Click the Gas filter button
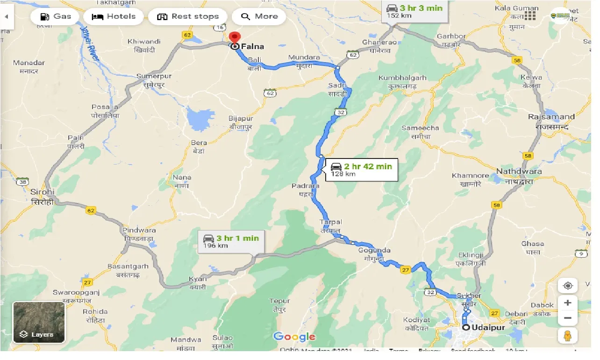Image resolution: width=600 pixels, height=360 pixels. (x=56, y=16)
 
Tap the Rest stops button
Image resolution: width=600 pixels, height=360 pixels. (x=188, y=16)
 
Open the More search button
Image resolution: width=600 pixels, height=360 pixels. (x=260, y=16)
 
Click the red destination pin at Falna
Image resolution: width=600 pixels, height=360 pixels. (x=235, y=37)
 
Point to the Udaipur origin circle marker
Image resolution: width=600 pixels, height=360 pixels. (x=466, y=327)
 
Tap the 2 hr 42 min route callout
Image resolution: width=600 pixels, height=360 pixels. (x=362, y=170)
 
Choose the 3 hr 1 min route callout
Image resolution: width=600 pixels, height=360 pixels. (x=231, y=241)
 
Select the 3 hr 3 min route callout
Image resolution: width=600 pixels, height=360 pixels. (x=414, y=11)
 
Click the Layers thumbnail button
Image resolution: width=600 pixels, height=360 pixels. (x=39, y=322)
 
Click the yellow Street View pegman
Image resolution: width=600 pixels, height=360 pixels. (x=568, y=335)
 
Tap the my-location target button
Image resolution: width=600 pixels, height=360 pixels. (x=568, y=286)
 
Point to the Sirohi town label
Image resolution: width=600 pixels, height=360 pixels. (x=43, y=196)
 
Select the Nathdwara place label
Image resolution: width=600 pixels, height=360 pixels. (x=519, y=175)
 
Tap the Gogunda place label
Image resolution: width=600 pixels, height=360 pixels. (x=375, y=254)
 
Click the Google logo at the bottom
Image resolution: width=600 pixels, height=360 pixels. (x=294, y=337)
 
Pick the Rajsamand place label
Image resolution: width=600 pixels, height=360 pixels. (x=551, y=121)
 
